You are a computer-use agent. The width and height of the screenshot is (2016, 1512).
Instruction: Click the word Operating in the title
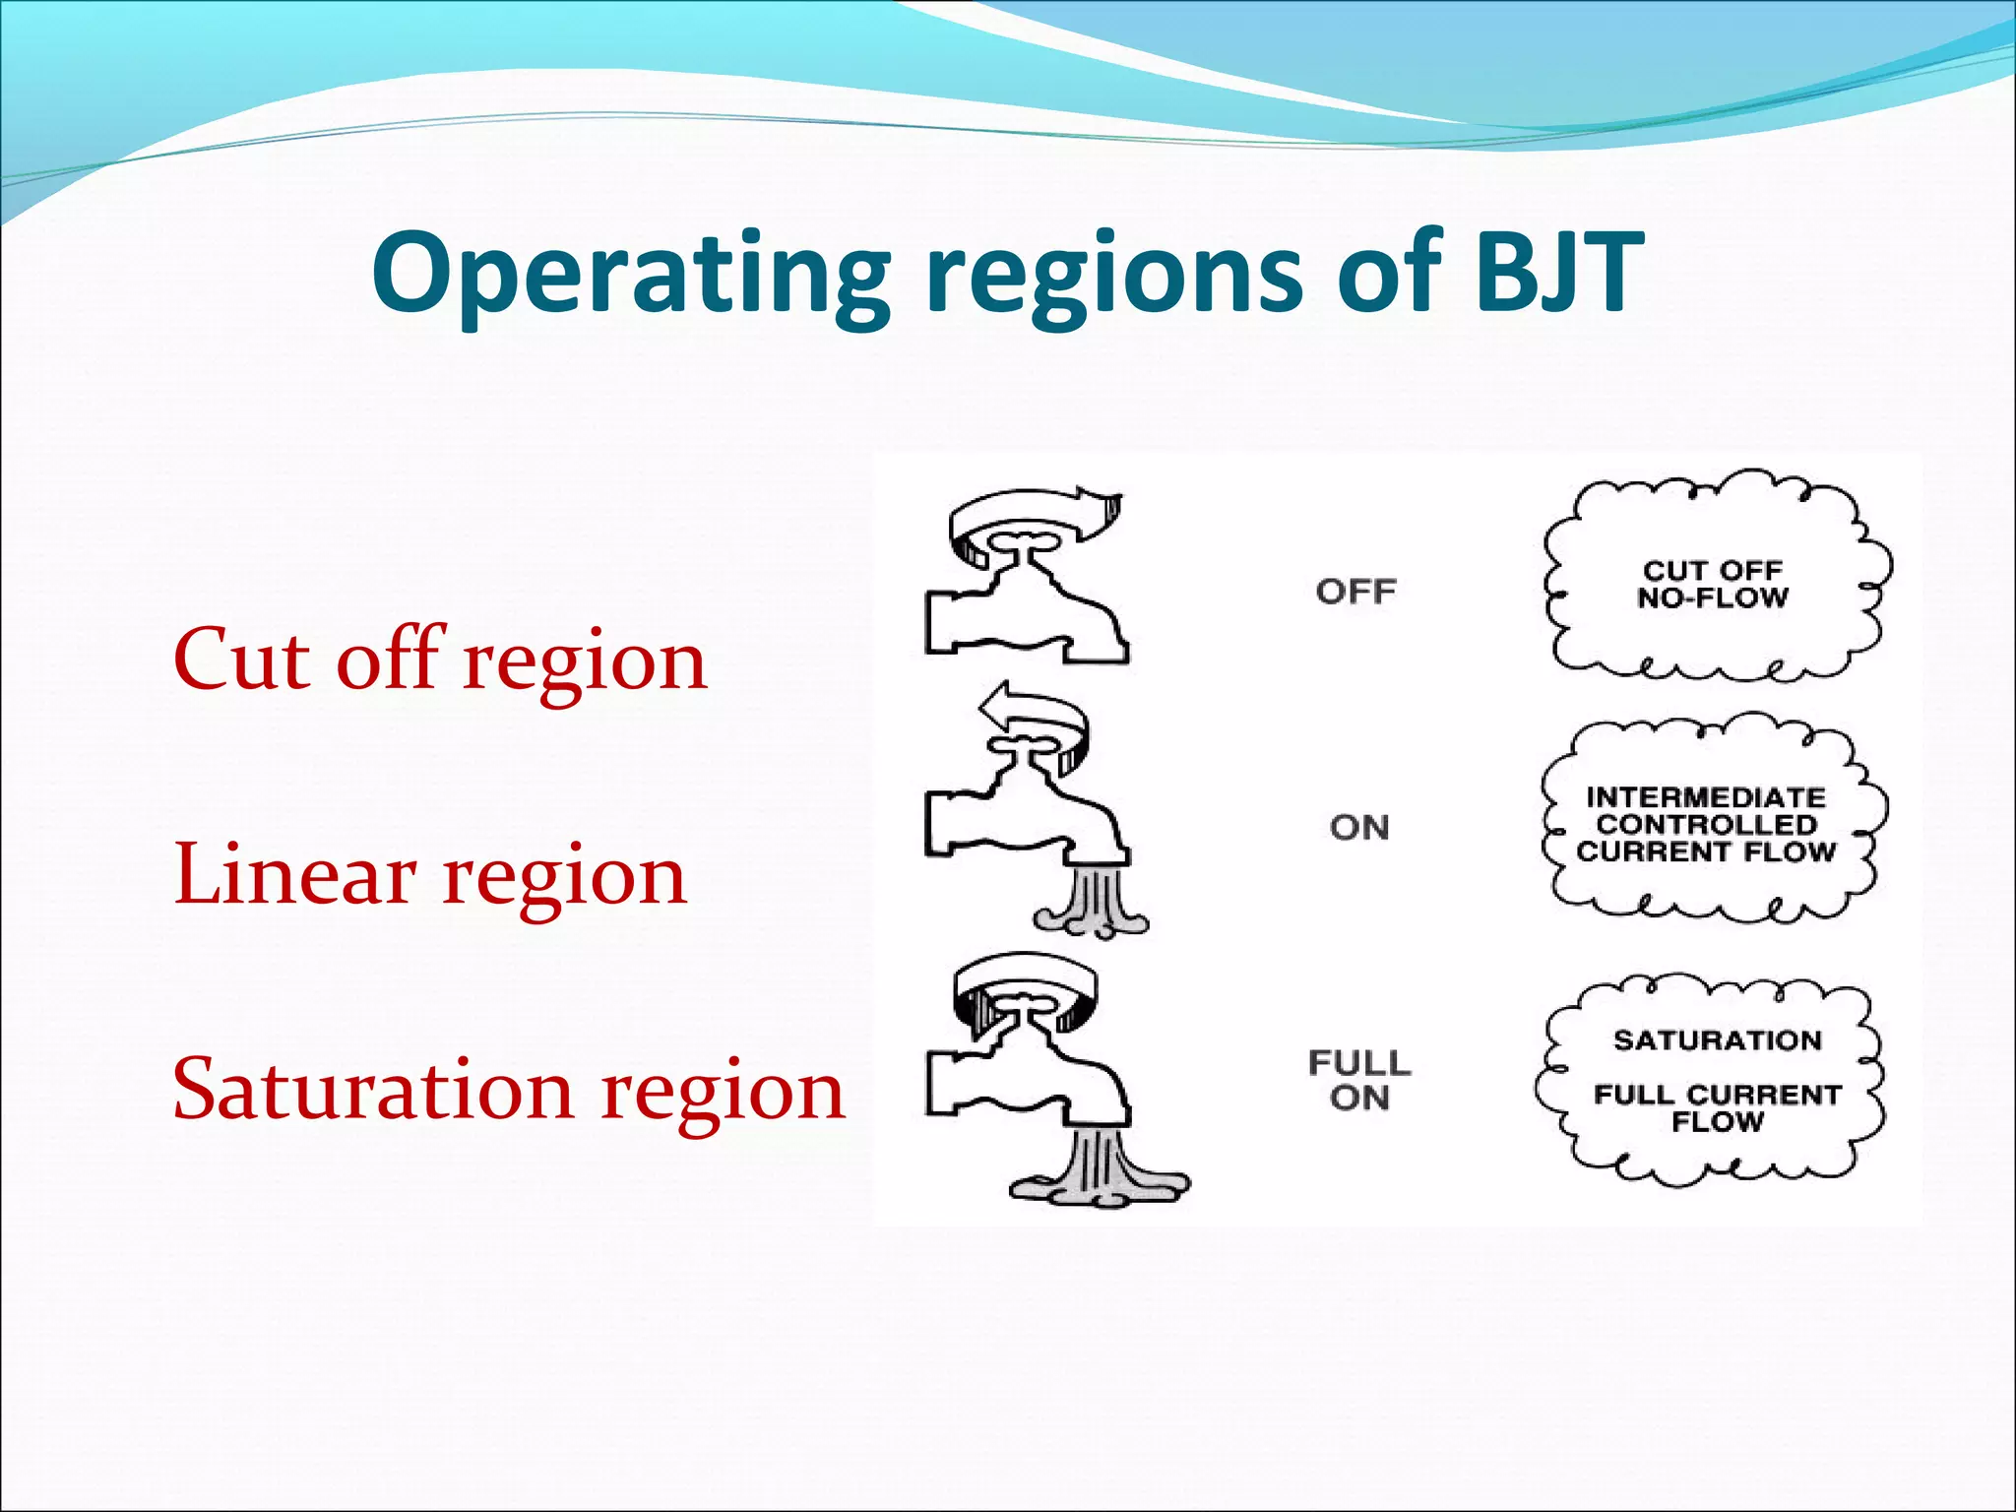[x=630, y=274]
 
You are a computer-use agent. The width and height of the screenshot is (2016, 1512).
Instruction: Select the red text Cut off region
[x=439, y=661]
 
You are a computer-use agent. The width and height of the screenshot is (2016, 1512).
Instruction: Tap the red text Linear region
[x=429, y=875]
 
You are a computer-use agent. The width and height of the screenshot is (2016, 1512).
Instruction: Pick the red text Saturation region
[x=508, y=1090]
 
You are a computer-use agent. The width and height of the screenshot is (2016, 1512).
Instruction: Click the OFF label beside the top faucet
[x=1355, y=592]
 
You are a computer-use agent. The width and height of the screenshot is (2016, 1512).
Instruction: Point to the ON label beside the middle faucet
[x=1359, y=828]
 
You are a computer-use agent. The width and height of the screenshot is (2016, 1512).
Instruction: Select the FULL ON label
[x=1359, y=1080]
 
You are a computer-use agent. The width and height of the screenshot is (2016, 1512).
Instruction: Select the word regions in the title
[x=1111, y=274]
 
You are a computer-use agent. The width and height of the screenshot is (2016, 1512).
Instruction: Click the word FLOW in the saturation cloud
[x=1717, y=1121]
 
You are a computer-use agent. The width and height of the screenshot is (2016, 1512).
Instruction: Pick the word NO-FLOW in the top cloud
[x=1712, y=598]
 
